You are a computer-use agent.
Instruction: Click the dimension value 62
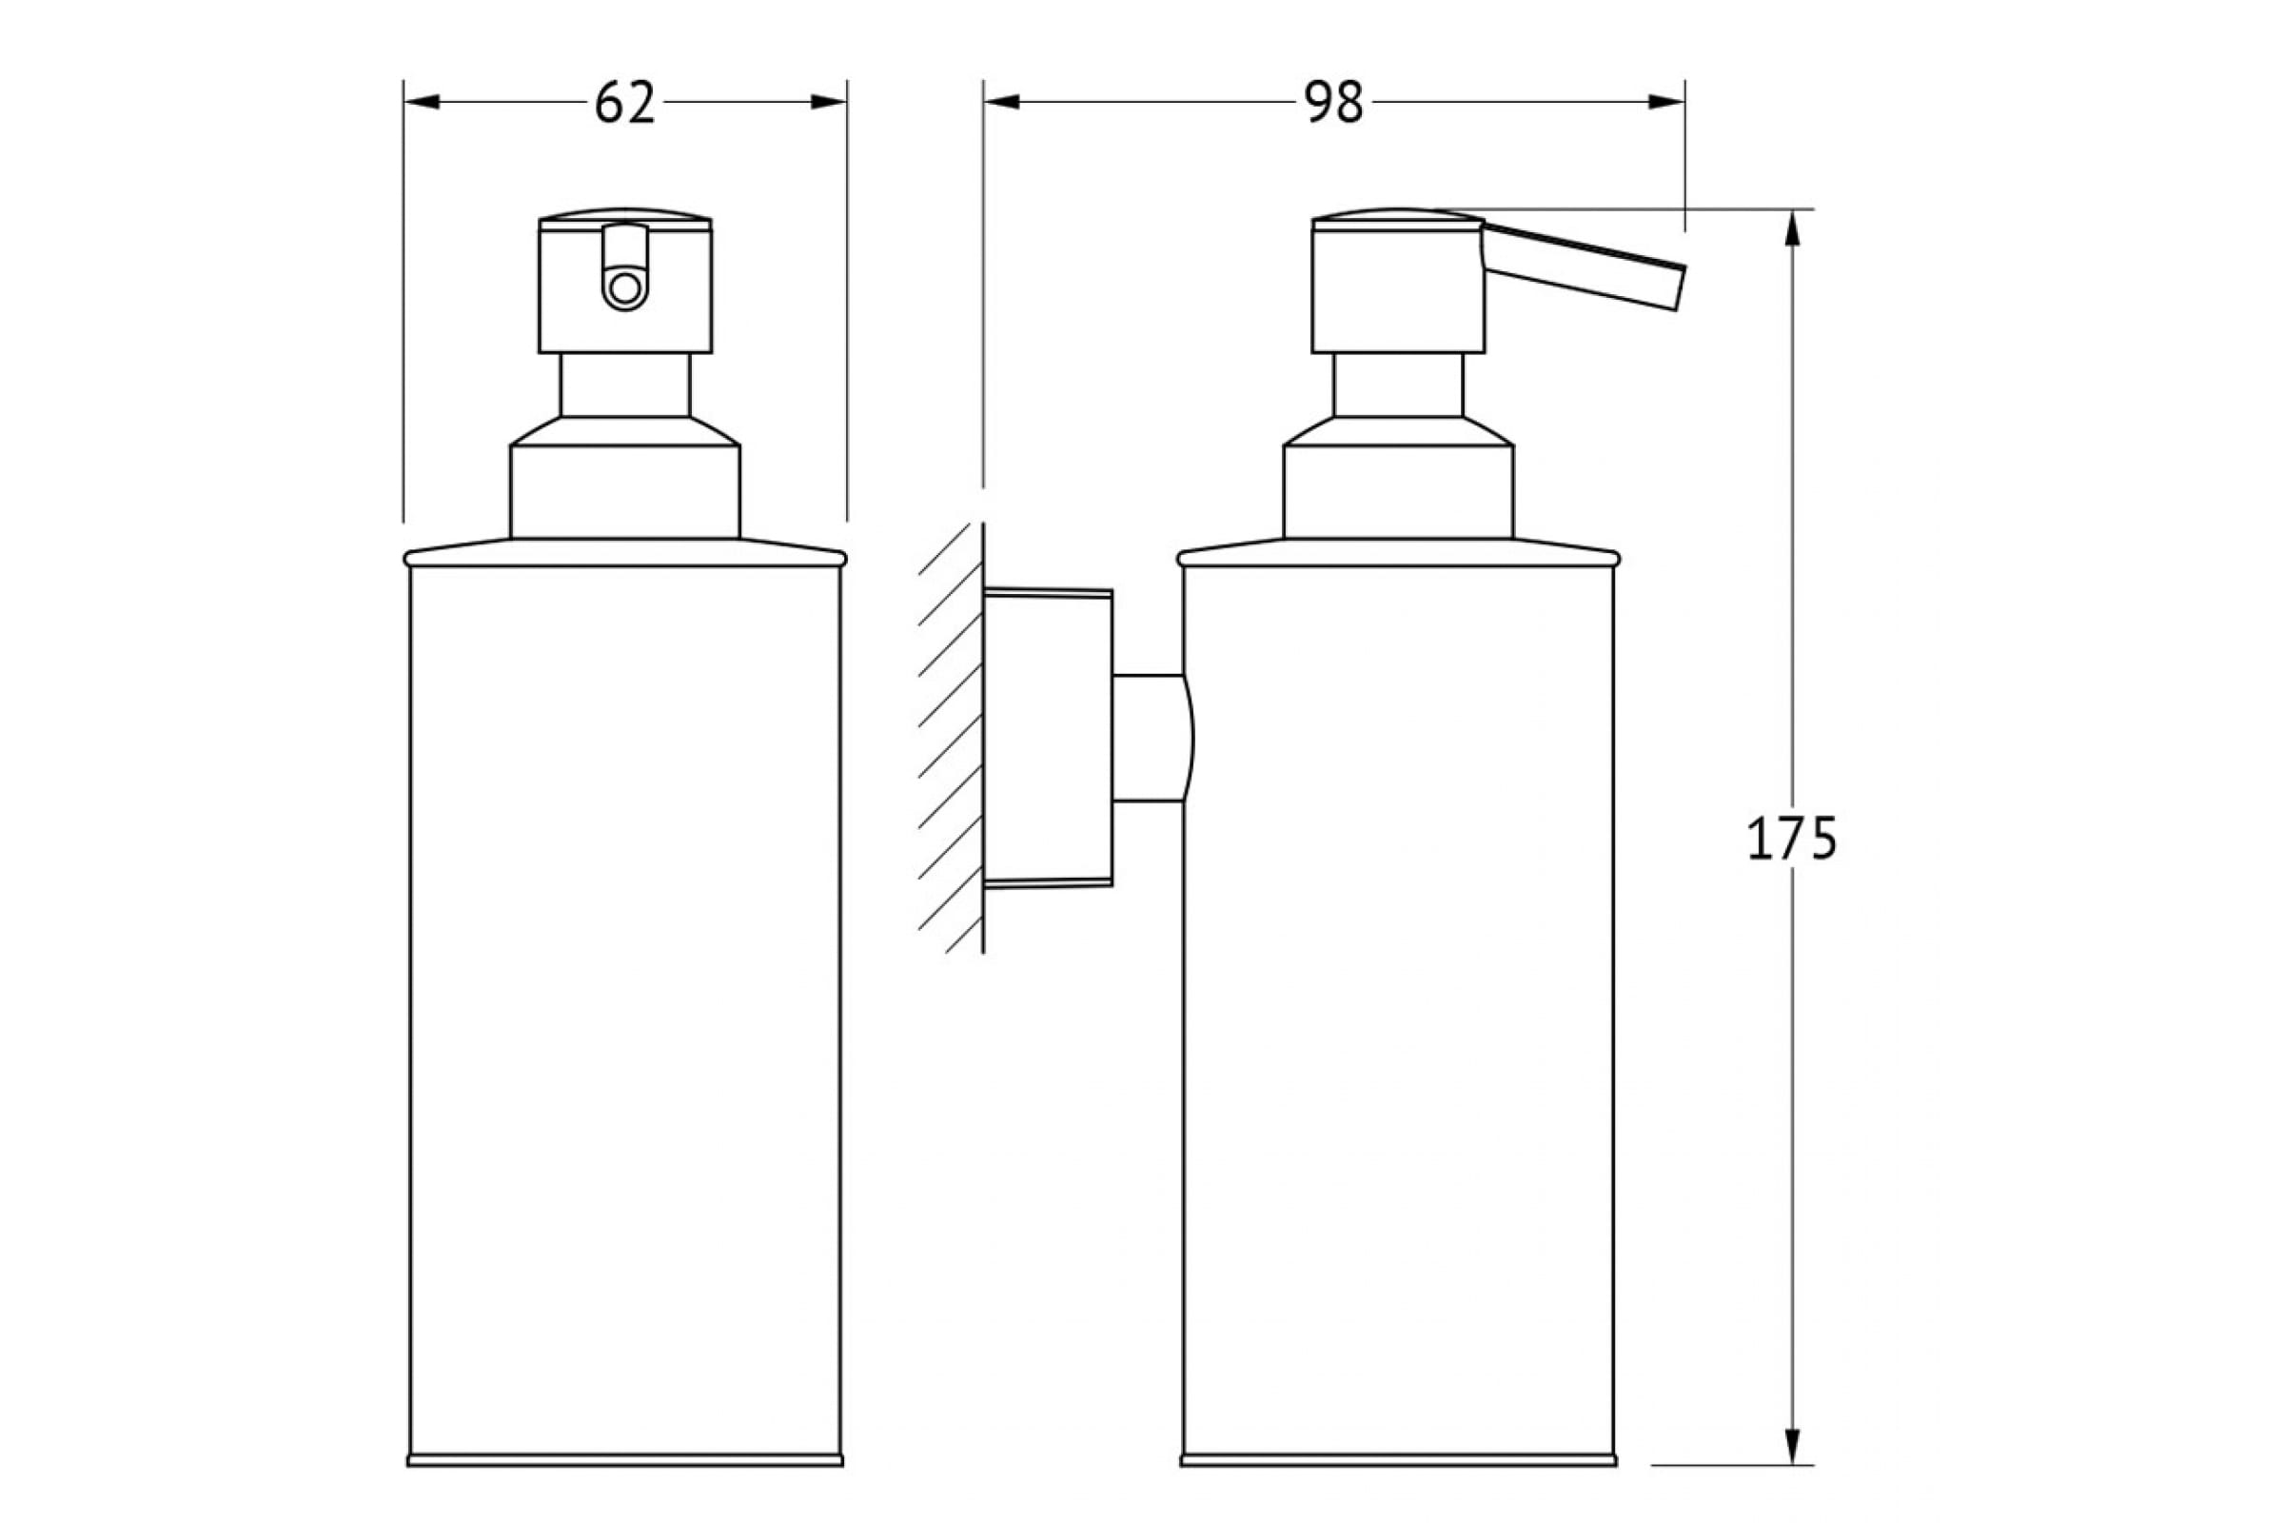(624, 102)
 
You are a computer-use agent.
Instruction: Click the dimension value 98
(1334, 102)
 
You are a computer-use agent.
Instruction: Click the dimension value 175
(1792, 840)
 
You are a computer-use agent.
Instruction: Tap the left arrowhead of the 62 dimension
(422, 102)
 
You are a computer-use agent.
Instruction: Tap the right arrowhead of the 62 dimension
(828, 102)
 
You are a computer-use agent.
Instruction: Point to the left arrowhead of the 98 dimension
(1001, 102)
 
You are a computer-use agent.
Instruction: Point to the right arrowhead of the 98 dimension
(1666, 102)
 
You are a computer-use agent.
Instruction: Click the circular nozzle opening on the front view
(624, 289)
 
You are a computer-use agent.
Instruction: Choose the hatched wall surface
(951, 739)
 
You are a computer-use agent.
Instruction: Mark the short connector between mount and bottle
(1152, 739)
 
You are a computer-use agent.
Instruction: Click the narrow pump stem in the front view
(625, 385)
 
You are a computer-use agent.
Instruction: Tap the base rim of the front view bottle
(625, 1487)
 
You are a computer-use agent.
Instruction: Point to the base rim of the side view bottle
(1398, 1487)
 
